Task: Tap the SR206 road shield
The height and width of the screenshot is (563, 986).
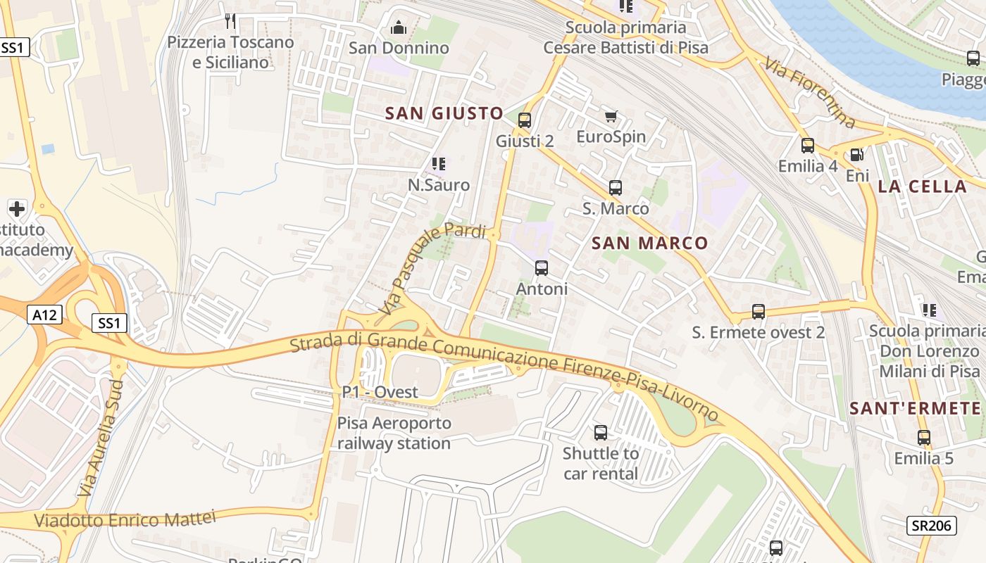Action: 930,525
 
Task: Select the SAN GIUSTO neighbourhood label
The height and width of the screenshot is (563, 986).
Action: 444,113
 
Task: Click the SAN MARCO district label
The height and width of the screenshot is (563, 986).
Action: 649,243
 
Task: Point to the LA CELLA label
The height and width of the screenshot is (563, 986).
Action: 922,186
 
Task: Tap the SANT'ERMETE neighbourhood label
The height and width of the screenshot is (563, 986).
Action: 915,408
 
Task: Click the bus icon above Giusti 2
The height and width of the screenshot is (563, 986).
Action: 524,120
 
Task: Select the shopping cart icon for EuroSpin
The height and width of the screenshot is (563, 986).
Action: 611,116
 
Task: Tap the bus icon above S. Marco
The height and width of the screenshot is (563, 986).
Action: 616,188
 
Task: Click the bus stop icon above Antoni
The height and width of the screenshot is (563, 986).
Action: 542,268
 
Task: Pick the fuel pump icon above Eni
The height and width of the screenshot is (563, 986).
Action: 857,155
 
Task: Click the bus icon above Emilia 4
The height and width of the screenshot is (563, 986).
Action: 808,146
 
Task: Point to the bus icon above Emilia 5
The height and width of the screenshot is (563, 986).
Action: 924,438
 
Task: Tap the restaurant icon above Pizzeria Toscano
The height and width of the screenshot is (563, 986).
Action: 230,21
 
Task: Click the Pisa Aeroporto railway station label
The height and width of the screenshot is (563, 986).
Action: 394,434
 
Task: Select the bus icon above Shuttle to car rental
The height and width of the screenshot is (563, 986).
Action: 601,433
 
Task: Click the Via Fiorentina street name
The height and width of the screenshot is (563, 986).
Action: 809,94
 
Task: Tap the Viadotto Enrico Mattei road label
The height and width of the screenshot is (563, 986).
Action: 125,520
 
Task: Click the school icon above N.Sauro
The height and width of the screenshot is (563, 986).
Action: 439,165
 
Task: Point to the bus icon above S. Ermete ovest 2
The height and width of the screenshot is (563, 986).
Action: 759,311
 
